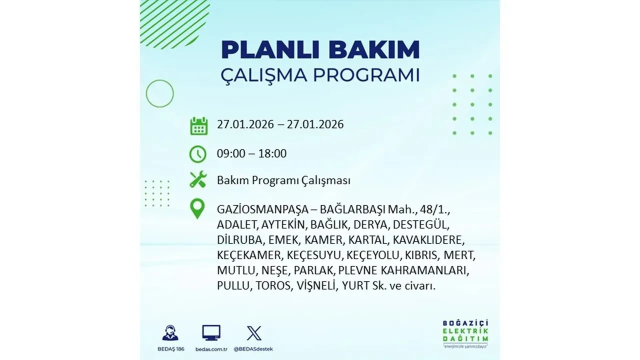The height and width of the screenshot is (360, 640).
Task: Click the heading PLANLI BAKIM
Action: coord(320,50)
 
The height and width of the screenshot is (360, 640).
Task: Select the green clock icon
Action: coord(198,154)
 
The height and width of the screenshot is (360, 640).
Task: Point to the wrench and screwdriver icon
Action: coord(198,180)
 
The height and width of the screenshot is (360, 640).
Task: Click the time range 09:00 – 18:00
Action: coord(251,153)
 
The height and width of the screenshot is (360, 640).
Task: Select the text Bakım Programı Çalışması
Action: coord(283,180)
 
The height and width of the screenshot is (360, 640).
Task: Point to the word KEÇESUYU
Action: coord(314,255)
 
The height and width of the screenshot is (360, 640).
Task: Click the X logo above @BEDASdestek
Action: coord(254,332)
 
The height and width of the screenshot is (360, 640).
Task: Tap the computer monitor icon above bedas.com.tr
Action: coord(211,332)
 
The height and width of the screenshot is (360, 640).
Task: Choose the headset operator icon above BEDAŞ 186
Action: coord(170,332)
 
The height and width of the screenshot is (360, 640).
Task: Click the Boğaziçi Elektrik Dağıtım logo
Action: coord(465,332)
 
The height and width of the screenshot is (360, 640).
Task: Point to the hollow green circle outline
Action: coord(159,93)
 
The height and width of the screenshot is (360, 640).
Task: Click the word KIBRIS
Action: coord(421,255)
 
